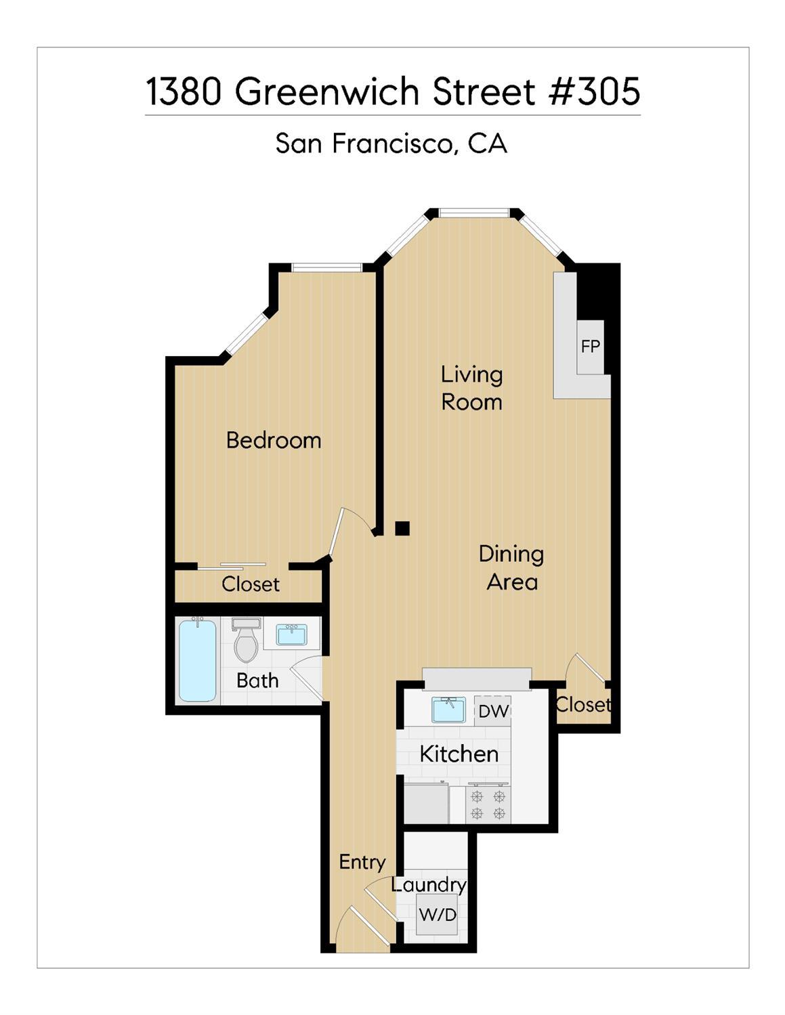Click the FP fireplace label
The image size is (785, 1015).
point(590,347)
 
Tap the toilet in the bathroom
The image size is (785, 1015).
point(246,640)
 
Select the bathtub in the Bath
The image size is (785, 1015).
point(197,660)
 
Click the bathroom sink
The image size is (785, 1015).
point(291,635)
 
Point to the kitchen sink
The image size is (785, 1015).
point(449,710)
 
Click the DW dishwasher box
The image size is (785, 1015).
point(492,711)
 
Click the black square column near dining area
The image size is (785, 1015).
point(402,528)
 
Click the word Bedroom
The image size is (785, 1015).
point(274,441)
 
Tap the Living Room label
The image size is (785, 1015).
point(472,389)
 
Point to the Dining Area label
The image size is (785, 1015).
point(511,569)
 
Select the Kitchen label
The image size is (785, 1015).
point(459,754)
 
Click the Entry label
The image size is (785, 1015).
point(362,863)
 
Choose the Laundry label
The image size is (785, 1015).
point(429,886)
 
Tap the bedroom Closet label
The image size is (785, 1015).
point(251,584)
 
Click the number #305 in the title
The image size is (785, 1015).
point(595,91)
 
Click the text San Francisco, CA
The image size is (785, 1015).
point(391,143)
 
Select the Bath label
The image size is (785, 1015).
point(257,681)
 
